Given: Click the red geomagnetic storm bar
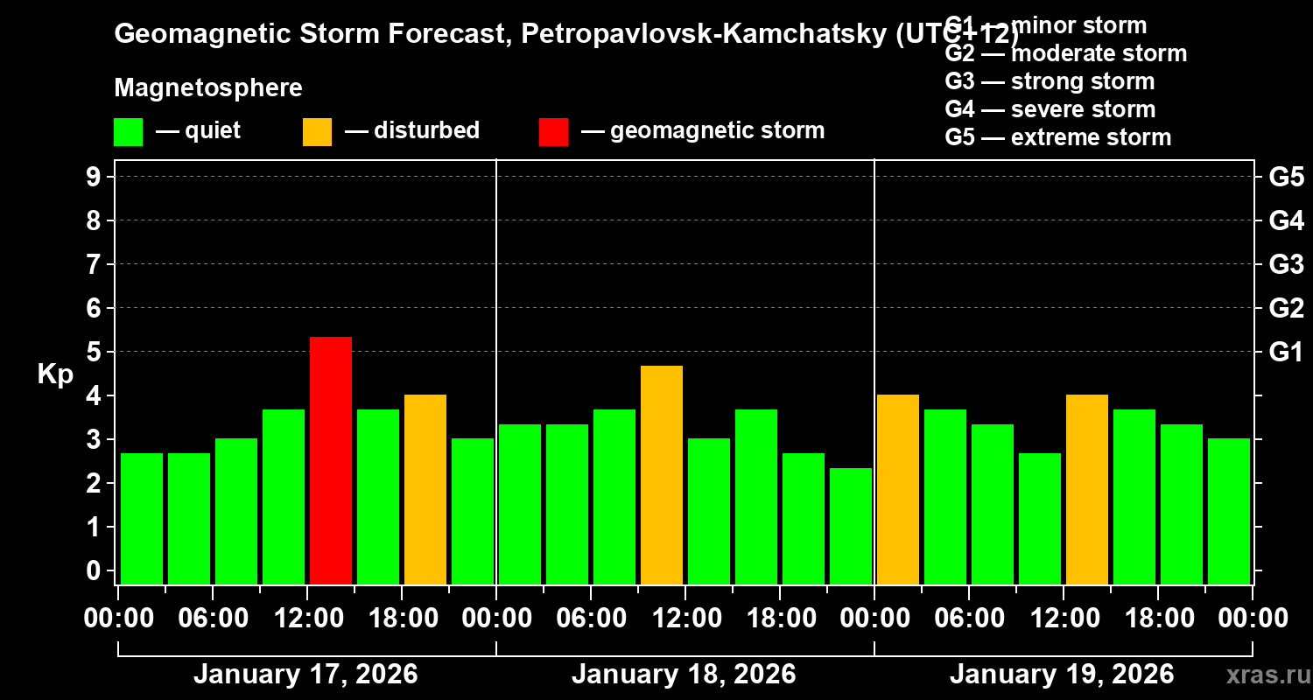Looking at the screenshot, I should [331, 460].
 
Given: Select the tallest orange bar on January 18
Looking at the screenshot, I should [662, 474].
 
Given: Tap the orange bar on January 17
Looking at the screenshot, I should [425, 489].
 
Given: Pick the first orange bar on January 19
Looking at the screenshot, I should [898, 489].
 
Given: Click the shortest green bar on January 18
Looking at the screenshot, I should [851, 526].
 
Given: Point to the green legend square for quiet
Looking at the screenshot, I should [128, 131].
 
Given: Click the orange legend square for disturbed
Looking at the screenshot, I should [317, 131].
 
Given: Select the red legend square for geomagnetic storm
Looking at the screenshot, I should [553, 131].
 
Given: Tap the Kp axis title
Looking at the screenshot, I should [55, 374].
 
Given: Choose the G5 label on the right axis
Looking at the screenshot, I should [1286, 177].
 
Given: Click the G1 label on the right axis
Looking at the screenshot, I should [1286, 352].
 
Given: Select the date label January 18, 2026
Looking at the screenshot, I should [684, 675].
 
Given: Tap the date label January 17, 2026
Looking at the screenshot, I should [305, 675].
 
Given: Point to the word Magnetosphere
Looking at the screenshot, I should [208, 88].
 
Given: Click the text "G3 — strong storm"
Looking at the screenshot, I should [1050, 81].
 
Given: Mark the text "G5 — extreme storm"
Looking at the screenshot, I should [1057, 137].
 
